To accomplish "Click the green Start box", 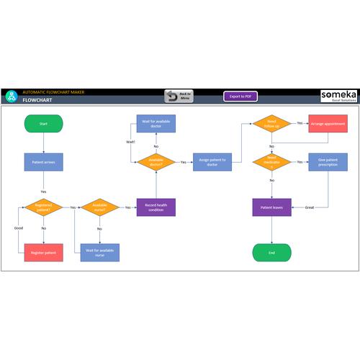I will click(x=43, y=124).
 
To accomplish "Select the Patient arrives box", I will click(x=43, y=162).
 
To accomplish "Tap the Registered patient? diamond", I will click(x=43, y=207).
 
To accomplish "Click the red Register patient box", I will click(x=43, y=252).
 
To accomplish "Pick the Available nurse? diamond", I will click(x=99, y=207).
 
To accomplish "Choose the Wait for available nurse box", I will click(x=99, y=252).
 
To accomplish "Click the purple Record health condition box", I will click(x=156, y=207).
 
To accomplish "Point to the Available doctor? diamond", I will click(x=156, y=162).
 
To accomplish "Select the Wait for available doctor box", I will click(x=156, y=124).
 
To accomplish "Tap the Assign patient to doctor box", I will click(x=212, y=162).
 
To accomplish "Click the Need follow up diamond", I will click(x=271, y=124).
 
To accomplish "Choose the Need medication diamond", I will click(x=271, y=162).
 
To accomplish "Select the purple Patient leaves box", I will click(x=271, y=207).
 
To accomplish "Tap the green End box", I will click(x=271, y=252).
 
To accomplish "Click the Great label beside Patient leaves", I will click(x=310, y=207).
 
